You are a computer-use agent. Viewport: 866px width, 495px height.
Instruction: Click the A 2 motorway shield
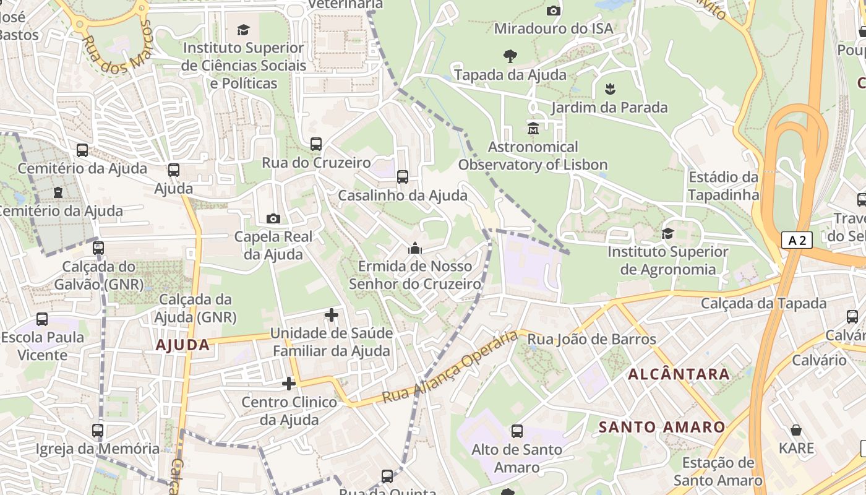796,240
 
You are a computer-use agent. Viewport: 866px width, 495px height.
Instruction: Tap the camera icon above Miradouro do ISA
554,11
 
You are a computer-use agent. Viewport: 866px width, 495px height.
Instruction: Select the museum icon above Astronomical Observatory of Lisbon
533,129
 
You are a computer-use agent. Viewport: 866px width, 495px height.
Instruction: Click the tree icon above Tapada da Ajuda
510,56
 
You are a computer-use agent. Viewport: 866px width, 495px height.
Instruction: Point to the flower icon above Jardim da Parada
610,88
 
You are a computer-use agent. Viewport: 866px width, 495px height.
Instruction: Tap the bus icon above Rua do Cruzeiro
316,144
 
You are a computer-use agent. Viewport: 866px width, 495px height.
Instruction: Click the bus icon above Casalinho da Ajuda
403,177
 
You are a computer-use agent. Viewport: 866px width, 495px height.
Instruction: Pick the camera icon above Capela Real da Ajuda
273,218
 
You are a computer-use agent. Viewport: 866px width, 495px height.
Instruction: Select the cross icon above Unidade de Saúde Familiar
332,315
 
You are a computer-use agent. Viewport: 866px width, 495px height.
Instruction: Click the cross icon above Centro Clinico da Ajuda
289,384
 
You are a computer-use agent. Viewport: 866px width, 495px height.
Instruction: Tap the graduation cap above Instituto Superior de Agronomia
667,233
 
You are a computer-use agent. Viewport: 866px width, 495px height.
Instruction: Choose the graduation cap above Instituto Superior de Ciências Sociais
244,30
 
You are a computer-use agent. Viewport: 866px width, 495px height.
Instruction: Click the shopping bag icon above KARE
796,429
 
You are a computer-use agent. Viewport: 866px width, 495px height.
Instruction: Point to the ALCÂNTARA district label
679,374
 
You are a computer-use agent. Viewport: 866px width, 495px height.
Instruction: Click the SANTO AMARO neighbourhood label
662,427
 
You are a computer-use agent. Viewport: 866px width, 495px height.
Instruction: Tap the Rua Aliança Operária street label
450,367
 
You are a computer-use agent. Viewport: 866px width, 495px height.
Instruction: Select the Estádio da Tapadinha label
723,186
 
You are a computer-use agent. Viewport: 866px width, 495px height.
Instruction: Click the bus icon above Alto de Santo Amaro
517,431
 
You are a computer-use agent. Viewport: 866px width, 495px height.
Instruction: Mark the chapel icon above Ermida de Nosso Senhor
414,248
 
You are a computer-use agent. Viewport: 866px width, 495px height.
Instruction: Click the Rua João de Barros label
591,339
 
